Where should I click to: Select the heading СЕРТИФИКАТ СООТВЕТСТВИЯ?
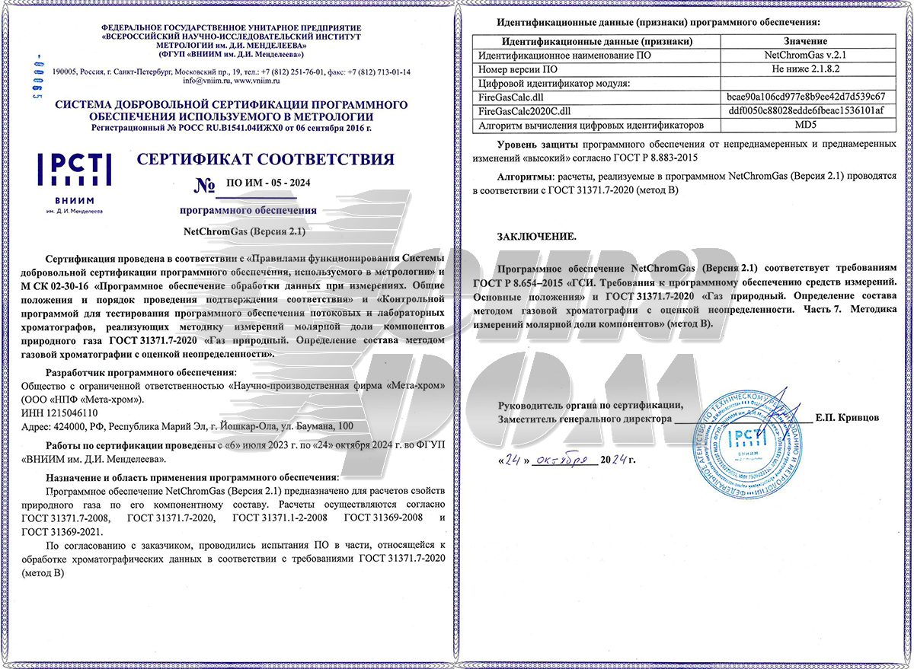pos(265,160)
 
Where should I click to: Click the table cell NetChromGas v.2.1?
pos(806,55)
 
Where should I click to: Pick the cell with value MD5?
pos(806,124)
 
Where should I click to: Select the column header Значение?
pos(806,41)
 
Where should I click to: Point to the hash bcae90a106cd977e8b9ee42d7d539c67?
pos(806,97)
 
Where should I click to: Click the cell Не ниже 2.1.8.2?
pos(806,68)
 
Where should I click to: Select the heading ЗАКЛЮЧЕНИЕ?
pos(537,237)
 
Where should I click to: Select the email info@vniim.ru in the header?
pos(203,80)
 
